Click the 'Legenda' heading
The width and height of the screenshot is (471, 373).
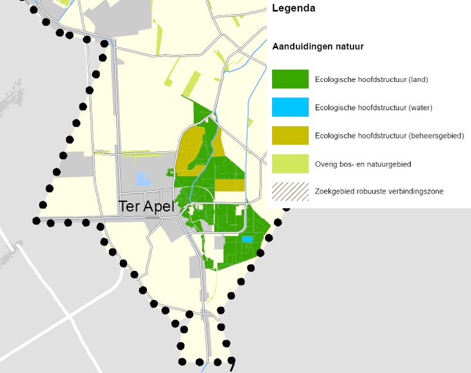tap(294, 9)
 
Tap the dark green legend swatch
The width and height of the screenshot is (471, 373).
tap(290, 79)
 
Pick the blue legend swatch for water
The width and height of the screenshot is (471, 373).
tap(290, 108)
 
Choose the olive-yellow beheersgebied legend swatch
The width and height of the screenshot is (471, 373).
tap(290, 135)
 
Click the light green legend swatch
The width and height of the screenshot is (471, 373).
tap(290, 163)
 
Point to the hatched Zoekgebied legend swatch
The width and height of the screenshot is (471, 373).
tap(290, 192)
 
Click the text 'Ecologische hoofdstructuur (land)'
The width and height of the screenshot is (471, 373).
tap(372, 80)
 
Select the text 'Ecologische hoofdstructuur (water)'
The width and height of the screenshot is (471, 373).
tap(373, 108)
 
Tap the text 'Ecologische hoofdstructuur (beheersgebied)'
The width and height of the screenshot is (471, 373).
tap(390, 136)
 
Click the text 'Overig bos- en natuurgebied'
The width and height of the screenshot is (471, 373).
tap(363, 164)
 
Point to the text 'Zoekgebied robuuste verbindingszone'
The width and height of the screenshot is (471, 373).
tap(379, 192)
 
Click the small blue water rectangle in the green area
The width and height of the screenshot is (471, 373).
tap(248, 239)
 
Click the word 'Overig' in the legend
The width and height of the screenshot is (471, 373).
tap(326, 164)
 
